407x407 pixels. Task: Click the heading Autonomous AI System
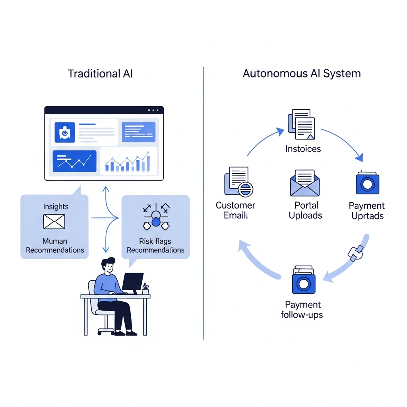click(x=302, y=74)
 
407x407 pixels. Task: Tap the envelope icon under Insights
click(x=54, y=221)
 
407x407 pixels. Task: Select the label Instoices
click(x=303, y=149)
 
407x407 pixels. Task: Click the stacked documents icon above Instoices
click(x=301, y=124)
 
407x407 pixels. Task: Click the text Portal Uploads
click(x=305, y=211)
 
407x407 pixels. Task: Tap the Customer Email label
click(x=235, y=211)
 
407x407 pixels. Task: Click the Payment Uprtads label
click(x=367, y=211)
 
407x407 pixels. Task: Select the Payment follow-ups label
click(x=302, y=310)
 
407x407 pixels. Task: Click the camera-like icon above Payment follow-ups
click(x=303, y=281)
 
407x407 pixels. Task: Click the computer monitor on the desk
click(x=132, y=281)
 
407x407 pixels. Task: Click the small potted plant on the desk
click(x=145, y=289)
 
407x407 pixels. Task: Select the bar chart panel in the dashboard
click(x=128, y=161)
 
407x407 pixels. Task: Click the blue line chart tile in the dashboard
click(x=74, y=161)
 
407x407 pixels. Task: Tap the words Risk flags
click(x=155, y=241)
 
